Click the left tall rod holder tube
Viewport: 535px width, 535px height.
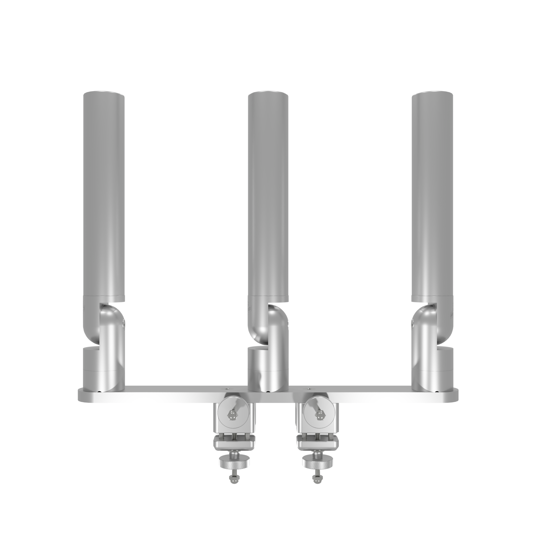pyautogui.click(x=104, y=194)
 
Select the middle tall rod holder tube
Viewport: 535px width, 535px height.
pyautogui.click(x=268, y=194)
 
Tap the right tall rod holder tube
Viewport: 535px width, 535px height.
pyautogui.click(x=432, y=194)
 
